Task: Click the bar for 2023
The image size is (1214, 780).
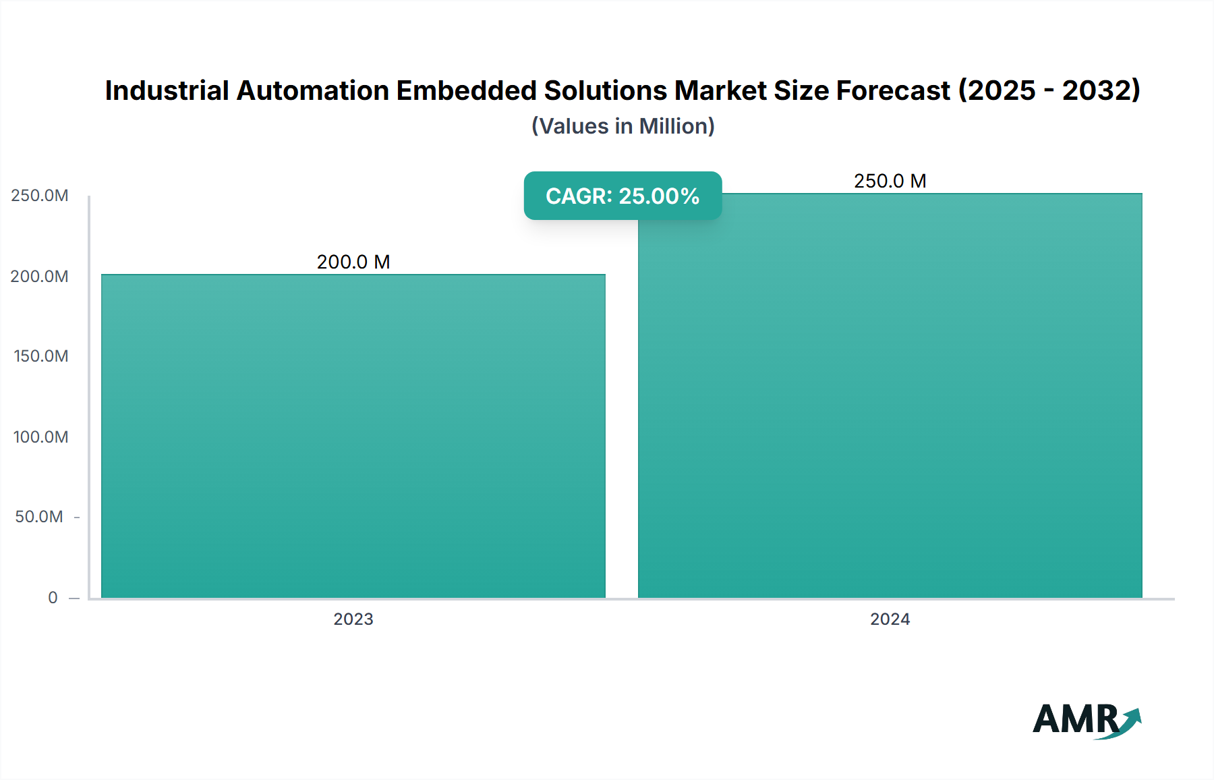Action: tap(353, 436)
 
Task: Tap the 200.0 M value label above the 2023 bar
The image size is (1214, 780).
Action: tap(353, 262)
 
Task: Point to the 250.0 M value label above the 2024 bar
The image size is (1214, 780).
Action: tap(890, 181)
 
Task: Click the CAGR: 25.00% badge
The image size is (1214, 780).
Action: tap(623, 196)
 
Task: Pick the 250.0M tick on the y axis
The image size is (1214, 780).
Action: tap(40, 196)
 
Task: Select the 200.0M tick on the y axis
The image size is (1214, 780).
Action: tap(40, 277)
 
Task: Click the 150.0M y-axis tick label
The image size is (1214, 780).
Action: tap(41, 356)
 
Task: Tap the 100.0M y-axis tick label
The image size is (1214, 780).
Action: tap(41, 437)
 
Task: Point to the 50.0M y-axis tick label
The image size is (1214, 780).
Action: tap(39, 517)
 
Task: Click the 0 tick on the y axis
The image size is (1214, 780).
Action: tap(53, 598)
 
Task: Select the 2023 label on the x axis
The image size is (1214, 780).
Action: tap(353, 619)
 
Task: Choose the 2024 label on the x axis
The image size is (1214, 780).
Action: tap(890, 619)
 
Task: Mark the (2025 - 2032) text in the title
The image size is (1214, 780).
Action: tap(1049, 90)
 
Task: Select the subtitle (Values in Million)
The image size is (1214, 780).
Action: tap(623, 126)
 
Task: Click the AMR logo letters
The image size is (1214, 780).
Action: tap(1075, 719)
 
